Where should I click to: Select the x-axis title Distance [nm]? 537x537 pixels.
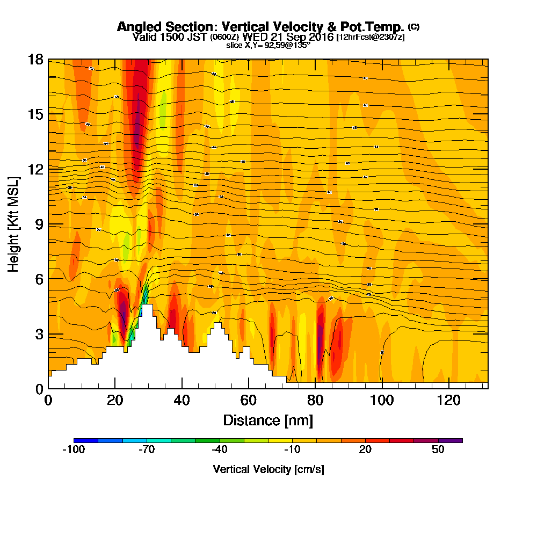coord(268,420)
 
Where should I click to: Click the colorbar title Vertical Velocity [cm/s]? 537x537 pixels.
coord(268,469)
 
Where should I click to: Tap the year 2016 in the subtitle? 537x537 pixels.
coord(321,37)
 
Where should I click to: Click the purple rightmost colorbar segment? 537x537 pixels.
coord(451,440)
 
